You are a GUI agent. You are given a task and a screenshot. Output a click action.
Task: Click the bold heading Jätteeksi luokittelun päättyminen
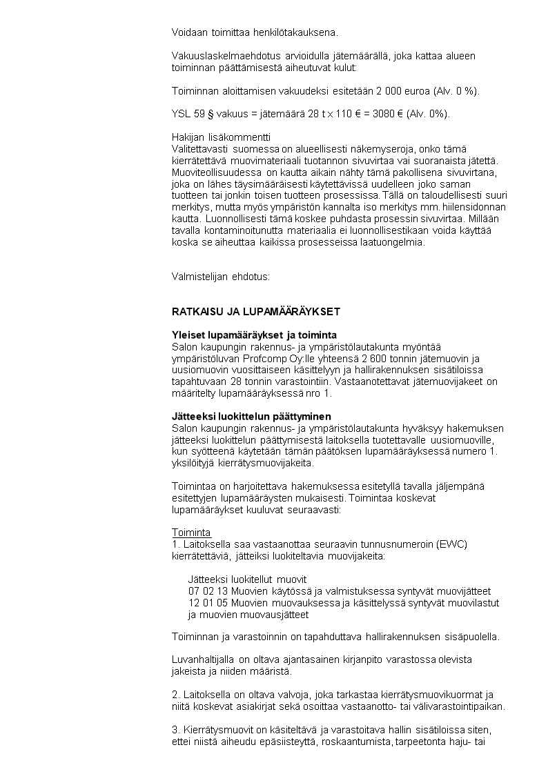click(251, 417)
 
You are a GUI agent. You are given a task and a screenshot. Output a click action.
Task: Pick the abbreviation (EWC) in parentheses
click(452, 544)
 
